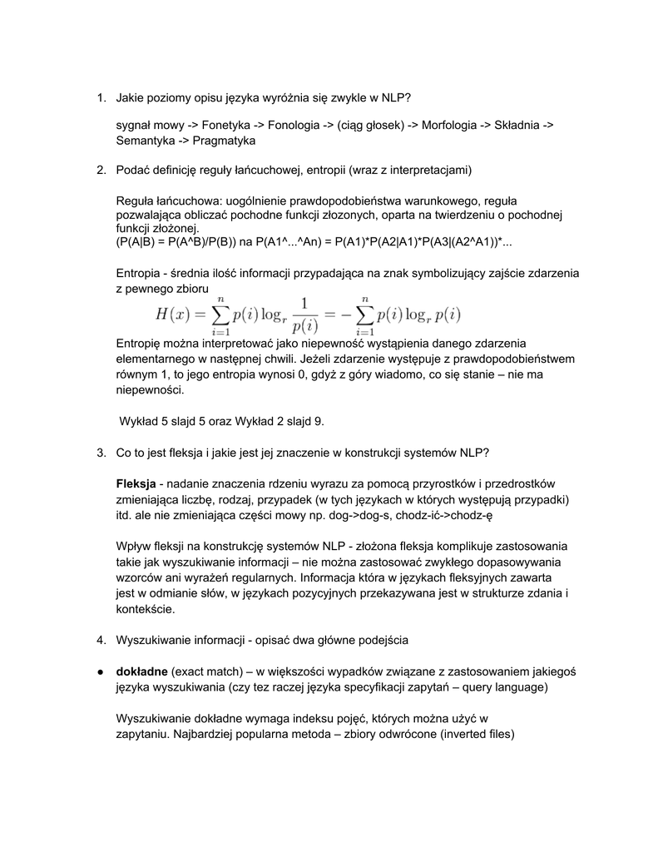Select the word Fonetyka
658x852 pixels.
[x=225, y=125]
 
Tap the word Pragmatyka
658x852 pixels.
[x=217, y=141]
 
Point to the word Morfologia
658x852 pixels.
[x=454, y=125]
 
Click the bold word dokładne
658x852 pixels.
[x=142, y=671]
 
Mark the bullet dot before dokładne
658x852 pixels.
[x=99, y=671]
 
